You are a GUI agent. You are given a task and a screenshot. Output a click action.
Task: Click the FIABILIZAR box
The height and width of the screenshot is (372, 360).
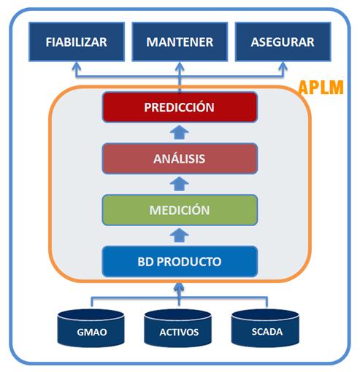click(x=76, y=42)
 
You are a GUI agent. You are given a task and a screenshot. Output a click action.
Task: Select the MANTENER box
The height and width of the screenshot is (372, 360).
click(x=180, y=42)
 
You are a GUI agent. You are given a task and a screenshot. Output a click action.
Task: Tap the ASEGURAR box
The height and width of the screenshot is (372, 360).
click(x=283, y=42)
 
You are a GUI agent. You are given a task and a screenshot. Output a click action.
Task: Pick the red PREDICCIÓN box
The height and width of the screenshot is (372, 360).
click(x=180, y=107)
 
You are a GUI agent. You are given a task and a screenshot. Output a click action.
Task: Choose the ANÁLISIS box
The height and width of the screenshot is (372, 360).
click(x=180, y=158)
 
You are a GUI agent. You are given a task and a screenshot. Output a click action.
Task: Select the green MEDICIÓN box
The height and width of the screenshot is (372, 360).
click(x=180, y=209)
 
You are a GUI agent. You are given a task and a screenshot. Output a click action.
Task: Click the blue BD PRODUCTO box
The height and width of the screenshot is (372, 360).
click(x=180, y=260)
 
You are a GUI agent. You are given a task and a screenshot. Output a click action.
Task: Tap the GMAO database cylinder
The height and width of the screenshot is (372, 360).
click(x=91, y=329)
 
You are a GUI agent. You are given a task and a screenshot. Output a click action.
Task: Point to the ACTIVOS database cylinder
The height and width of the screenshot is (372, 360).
click(x=179, y=329)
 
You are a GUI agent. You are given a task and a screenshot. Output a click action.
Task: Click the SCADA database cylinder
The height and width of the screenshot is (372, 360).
click(x=266, y=329)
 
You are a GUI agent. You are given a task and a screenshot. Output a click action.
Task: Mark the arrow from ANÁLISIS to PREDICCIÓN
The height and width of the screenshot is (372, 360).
click(x=180, y=132)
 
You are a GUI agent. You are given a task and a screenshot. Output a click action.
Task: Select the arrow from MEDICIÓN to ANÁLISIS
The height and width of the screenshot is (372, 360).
click(x=180, y=184)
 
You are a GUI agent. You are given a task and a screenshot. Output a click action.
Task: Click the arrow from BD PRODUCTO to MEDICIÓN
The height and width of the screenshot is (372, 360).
click(x=180, y=235)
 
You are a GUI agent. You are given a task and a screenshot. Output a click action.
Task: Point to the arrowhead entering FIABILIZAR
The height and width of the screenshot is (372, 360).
click(x=76, y=69)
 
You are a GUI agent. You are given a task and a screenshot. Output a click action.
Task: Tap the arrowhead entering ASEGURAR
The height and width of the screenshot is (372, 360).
click(x=283, y=69)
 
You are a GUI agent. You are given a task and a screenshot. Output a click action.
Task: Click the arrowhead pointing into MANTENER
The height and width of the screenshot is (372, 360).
click(x=180, y=69)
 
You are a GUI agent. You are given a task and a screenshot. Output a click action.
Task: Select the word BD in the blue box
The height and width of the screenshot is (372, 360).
click(x=147, y=260)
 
